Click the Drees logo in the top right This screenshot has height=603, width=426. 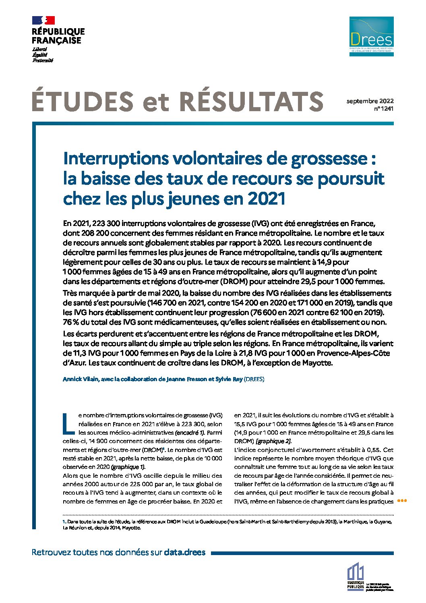[x=371, y=36]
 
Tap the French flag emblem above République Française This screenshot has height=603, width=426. [x=43, y=20]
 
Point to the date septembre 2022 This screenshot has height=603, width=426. [x=370, y=101]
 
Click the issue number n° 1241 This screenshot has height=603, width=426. [x=384, y=108]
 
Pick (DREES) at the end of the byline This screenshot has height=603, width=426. [x=254, y=379]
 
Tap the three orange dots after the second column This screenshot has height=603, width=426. [x=402, y=501]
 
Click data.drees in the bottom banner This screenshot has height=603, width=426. [x=184, y=552]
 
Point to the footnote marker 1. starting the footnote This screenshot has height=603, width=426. [x=64, y=522]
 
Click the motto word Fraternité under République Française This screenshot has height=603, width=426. [x=43, y=60]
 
